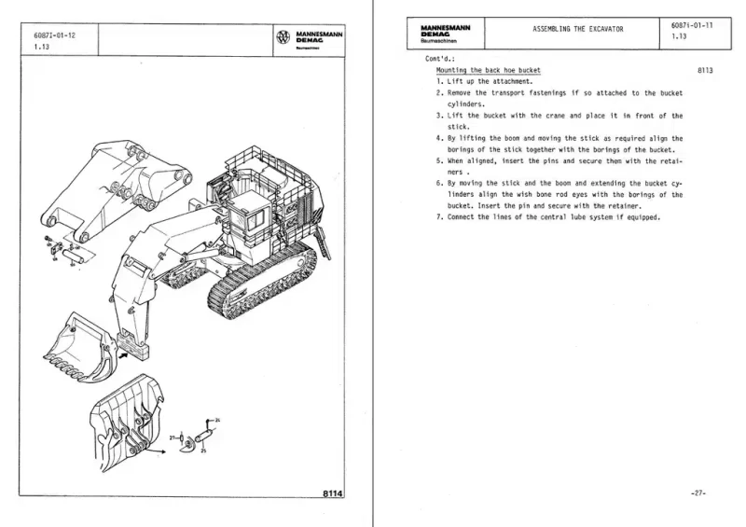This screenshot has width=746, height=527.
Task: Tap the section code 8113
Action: [x=704, y=71]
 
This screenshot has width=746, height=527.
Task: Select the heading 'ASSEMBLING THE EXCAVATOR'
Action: [x=577, y=30]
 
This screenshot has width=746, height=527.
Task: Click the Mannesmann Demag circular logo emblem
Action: [x=283, y=38]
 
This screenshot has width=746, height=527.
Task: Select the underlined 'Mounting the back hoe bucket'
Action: [x=488, y=71]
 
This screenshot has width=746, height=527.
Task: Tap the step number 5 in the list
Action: [x=438, y=160]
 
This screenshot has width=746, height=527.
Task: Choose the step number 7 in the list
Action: [x=438, y=217]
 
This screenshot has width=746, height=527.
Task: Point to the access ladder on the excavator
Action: [x=324, y=242]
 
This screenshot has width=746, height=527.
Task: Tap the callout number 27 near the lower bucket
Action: [x=173, y=436]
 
